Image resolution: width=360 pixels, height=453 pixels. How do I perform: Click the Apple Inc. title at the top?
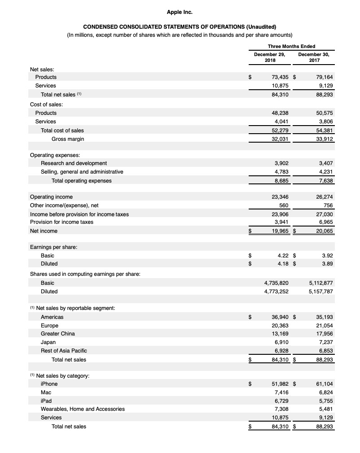pyautogui.click(x=180, y=12)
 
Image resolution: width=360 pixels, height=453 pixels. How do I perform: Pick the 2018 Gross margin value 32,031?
pyautogui.click(x=280, y=139)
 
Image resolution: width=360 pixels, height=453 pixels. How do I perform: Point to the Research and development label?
pyautogui.click(x=74, y=163)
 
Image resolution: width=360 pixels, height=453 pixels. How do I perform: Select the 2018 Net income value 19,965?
pyautogui.click(x=280, y=231)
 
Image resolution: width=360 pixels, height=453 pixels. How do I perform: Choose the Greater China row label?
pyautogui.click(x=58, y=334)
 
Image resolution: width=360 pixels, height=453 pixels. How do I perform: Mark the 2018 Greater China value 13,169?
pyautogui.click(x=280, y=334)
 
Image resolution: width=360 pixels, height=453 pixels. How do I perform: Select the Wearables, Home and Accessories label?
pyautogui.click(x=83, y=409)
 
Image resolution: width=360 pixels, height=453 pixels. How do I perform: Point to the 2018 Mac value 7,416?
pyautogui.click(x=281, y=392)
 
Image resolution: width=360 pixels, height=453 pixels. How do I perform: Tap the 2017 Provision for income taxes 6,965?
pyautogui.click(x=326, y=222)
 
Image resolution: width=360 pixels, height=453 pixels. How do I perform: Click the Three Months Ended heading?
pyautogui.click(x=291, y=46)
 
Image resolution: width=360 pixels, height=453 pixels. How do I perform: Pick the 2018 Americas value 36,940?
pyautogui.click(x=280, y=317)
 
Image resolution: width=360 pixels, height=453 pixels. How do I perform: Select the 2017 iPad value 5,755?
pyautogui.click(x=326, y=401)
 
